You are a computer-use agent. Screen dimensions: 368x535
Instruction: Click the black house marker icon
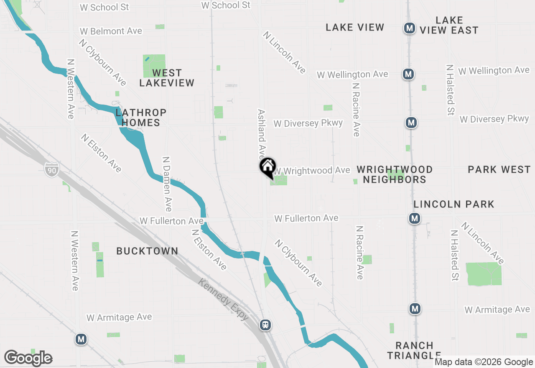pos(268,167)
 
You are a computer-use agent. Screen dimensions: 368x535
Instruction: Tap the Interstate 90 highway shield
pos(51,169)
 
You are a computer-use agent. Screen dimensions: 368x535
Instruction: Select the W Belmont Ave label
pos(111,31)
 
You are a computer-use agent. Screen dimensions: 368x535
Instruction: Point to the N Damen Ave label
pos(167,184)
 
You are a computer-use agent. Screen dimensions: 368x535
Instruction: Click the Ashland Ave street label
pos(262,132)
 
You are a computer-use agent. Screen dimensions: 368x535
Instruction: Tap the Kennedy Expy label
pos(224,300)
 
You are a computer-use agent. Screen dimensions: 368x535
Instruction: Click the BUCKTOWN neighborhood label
pos(147,251)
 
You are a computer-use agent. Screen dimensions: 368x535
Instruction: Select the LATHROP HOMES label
pos(140,118)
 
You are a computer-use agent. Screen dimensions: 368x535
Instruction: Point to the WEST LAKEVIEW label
pos(167,78)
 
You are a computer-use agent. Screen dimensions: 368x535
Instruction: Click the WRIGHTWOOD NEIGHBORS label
pos(395,174)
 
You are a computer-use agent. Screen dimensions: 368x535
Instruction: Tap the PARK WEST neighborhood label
pos(499,169)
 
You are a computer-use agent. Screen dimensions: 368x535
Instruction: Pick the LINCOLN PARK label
pos(454,204)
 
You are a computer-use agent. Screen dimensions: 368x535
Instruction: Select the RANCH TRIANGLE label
pos(414,350)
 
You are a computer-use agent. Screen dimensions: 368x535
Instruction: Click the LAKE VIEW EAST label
pos(449,25)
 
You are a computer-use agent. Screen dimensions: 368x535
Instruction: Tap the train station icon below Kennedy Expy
pos(265,325)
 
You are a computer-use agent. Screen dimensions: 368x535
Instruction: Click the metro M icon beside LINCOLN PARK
pos(414,218)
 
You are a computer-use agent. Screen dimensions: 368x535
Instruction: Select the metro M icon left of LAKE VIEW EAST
pos(410,28)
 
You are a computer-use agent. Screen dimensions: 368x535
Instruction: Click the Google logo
pos(28,358)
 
